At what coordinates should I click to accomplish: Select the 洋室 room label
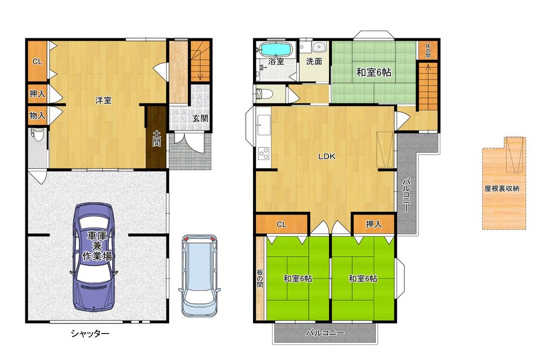click(103, 100)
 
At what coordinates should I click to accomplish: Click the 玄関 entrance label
click(200, 119)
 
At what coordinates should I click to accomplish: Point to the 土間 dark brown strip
click(156, 137)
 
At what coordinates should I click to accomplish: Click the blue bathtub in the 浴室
click(276, 49)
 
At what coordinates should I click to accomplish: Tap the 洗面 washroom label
click(314, 61)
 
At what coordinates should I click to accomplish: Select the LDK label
click(327, 156)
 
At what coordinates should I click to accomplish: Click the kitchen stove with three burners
click(264, 154)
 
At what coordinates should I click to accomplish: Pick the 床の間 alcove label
click(428, 51)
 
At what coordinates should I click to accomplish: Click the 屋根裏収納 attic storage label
click(502, 189)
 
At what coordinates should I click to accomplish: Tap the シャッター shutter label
click(90, 333)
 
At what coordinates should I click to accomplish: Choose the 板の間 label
click(260, 278)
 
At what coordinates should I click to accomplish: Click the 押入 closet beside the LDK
click(374, 224)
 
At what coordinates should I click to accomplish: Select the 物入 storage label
click(38, 115)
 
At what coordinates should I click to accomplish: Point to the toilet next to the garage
click(37, 134)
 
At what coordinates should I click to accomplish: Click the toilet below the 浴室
click(264, 94)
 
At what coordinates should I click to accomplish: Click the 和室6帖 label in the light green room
click(374, 72)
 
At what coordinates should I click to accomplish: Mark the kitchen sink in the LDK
click(264, 125)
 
